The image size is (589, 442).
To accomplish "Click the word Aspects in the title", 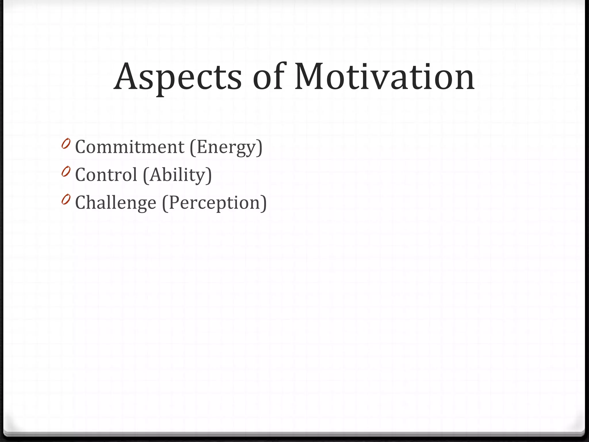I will (178, 77).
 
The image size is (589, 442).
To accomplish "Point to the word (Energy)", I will (226, 147).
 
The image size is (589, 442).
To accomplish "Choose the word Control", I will (106, 175).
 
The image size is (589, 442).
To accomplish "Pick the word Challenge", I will (116, 202).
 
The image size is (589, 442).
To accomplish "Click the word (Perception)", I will (215, 203).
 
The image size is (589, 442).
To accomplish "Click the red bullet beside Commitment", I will (66, 144).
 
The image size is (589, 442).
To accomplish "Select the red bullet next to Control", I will (66, 172).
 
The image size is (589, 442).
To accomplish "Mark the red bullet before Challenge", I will (66, 199).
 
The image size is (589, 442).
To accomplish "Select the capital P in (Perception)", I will (175, 202).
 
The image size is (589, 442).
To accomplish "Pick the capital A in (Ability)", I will (155, 174).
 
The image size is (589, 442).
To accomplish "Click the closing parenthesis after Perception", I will (263, 203).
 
